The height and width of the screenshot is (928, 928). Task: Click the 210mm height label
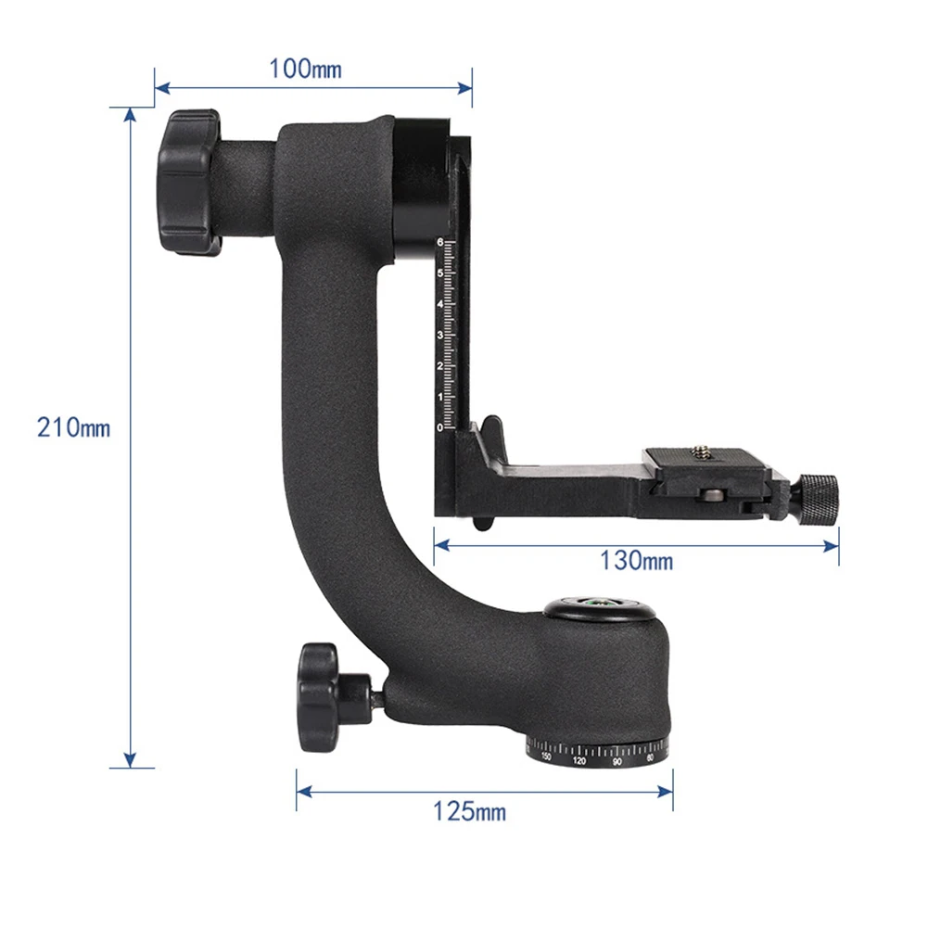pos(74,428)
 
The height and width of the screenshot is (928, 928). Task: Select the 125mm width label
pos(470,812)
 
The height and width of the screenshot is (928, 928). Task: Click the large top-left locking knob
pos(188,182)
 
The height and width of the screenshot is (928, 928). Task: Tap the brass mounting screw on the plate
pos(702,454)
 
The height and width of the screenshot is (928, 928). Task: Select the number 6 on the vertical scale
pos(439,243)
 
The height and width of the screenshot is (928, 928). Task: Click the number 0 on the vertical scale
pos(439,426)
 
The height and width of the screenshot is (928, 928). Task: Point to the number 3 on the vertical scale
pos(439,335)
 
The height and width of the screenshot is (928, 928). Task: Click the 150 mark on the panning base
pos(547,757)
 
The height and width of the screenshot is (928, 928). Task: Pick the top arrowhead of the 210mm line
pos(131,112)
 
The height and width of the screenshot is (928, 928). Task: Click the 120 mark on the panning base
pos(579,761)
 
